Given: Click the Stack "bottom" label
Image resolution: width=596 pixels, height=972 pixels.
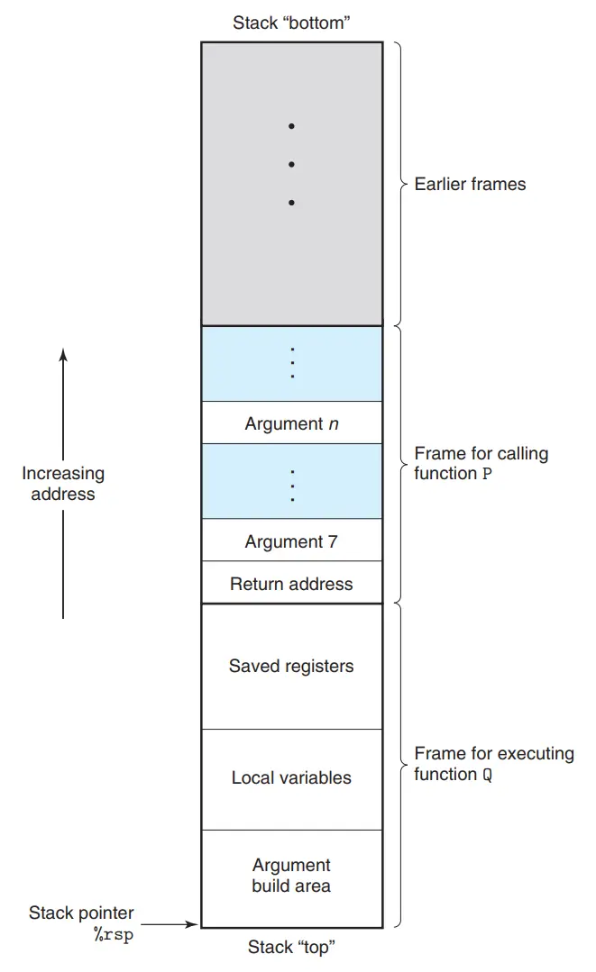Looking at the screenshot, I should pos(291,23).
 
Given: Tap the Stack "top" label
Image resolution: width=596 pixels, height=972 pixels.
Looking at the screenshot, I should pos(291,947).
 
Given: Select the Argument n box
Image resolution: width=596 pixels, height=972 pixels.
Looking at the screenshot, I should pos(291,423).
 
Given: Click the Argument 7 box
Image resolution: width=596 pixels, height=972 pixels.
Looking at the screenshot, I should pos(291,541).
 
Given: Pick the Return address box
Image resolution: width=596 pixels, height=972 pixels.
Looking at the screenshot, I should pos(291,584).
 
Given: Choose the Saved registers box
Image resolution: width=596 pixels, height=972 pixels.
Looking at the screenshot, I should pos(291,667).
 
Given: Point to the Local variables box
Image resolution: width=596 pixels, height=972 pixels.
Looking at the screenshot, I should pos(291,778).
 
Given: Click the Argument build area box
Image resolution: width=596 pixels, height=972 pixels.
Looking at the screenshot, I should pos(291,876).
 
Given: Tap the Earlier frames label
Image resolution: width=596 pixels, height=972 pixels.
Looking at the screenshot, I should pos(470,184).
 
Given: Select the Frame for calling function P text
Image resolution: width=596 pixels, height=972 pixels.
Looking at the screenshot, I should pos(481,463).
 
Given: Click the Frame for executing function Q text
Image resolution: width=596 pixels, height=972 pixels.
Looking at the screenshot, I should pos(493,763).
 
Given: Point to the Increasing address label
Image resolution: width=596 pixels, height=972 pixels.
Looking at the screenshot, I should pos(63,483).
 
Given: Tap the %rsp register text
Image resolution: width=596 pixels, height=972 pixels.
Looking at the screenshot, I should pos(113,933).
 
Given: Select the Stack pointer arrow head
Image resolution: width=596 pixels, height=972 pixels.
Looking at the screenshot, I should pos(192,923).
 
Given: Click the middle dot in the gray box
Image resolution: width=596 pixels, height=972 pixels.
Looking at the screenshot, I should pos(291,165).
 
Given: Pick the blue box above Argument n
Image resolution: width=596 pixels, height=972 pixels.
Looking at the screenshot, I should pos(291,364).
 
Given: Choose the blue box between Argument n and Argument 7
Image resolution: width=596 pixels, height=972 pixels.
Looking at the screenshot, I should pos(291,482).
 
